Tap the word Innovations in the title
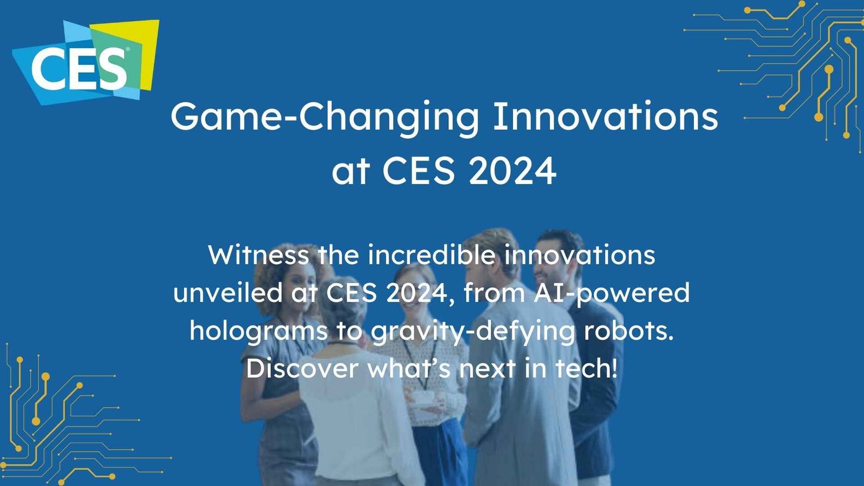coord(605,116)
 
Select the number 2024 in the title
coord(512,171)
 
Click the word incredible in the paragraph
coord(430,254)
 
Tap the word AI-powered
coord(611,293)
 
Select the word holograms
coord(258,331)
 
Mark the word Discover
coord(302,368)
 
